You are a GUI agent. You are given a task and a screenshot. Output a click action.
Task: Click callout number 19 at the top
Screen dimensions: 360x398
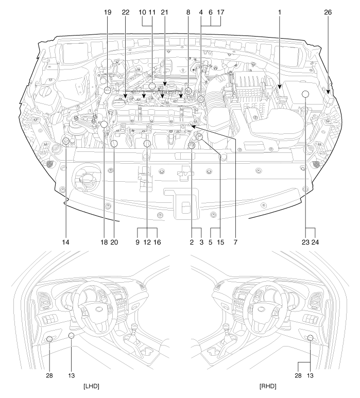pyautogui.click(x=108, y=12)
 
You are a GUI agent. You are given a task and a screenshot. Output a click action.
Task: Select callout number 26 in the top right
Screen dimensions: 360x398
pyautogui.click(x=328, y=12)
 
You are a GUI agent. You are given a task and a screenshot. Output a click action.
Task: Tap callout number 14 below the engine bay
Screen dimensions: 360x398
pyautogui.click(x=65, y=242)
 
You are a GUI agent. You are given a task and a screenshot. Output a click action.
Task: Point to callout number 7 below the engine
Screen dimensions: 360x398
pyautogui.click(x=235, y=242)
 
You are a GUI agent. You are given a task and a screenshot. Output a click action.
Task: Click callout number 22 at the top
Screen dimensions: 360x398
pyautogui.click(x=126, y=12)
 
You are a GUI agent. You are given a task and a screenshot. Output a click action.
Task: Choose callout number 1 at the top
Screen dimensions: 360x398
pyautogui.click(x=280, y=12)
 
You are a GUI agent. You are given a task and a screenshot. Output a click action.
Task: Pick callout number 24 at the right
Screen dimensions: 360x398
pyautogui.click(x=315, y=242)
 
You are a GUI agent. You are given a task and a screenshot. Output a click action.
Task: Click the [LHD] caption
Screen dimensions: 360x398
pyautogui.click(x=91, y=386)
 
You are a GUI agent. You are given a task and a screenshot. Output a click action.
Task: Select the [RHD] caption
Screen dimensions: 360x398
pyautogui.click(x=268, y=386)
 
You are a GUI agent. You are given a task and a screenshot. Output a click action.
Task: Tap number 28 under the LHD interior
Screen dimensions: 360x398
pyautogui.click(x=49, y=375)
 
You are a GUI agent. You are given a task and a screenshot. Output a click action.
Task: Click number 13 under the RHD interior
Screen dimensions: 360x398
pyautogui.click(x=310, y=375)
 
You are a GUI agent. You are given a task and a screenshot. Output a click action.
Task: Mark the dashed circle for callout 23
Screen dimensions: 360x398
pyautogui.click(x=305, y=94)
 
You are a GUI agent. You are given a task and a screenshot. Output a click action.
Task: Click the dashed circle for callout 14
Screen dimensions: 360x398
pyautogui.click(x=66, y=141)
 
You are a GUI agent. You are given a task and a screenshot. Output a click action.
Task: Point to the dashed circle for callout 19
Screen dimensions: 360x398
pyautogui.click(x=108, y=90)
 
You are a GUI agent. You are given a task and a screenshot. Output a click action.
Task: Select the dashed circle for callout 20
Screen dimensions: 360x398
pyautogui.click(x=114, y=144)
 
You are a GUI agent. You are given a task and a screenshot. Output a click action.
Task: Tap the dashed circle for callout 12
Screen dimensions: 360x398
pyautogui.click(x=147, y=144)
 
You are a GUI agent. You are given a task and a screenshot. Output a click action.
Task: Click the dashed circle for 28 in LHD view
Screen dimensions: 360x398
pyautogui.click(x=49, y=339)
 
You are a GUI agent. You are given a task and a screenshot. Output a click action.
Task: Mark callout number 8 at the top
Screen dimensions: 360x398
pyautogui.click(x=188, y=12)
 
